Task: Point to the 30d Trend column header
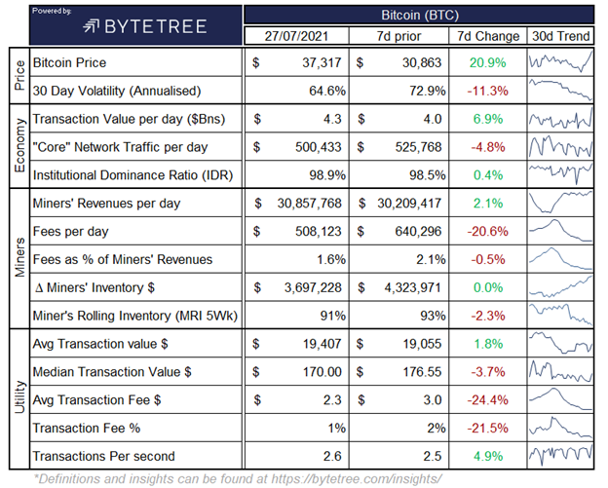[x=561, y=37]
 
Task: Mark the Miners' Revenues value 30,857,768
[x=308, y=204]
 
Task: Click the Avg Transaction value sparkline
[x=561, y=344]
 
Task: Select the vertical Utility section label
[x=15, y=400]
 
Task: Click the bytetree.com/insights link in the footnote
[x=380, y=477]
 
